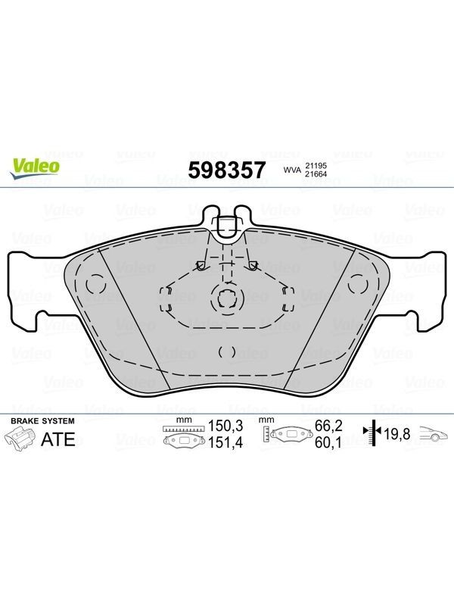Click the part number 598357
pyautogui.click(x=227, y=170)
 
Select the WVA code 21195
pyautogui.click(x=316, y=165)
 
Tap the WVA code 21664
pyautogui.click(x=316, y=174)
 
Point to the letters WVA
pyautogui.click(x=292, y=170)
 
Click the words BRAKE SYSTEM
pyautogui.click(x=42, y=421)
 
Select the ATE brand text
pyautogui.click(x=58, y=439)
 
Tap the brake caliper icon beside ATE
pyautogui.click(x=20, y=439)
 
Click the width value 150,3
pyautogui.click(x=225, y=426)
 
